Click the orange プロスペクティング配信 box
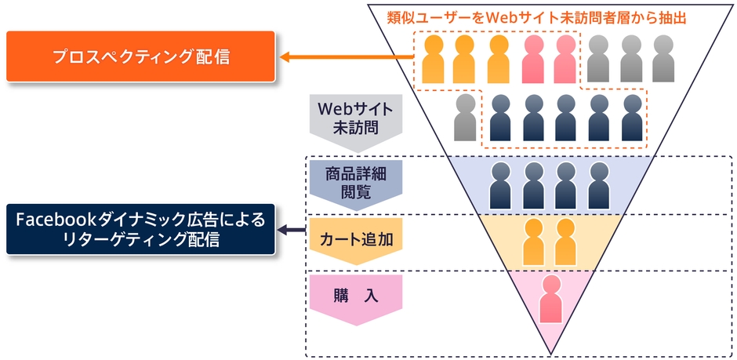pos(141,56)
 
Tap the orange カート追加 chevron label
pos(356,240)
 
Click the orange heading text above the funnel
pos(536,17)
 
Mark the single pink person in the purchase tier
pos(551,299)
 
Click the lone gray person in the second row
pos(467,117)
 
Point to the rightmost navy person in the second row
pos(631,117)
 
